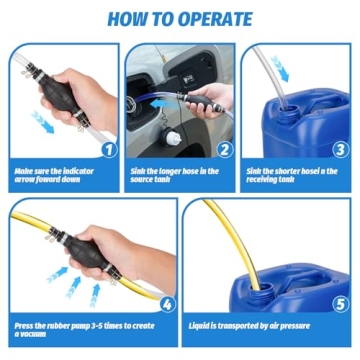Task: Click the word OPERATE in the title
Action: [x=212, y=17]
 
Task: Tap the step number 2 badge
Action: [x=225, y=150]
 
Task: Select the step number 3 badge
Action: [x=341, y=150]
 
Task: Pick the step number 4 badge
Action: [x=167, y=303]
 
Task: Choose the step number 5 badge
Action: [x=340, y=303]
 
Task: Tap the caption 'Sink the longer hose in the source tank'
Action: [x=175, y=176]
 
